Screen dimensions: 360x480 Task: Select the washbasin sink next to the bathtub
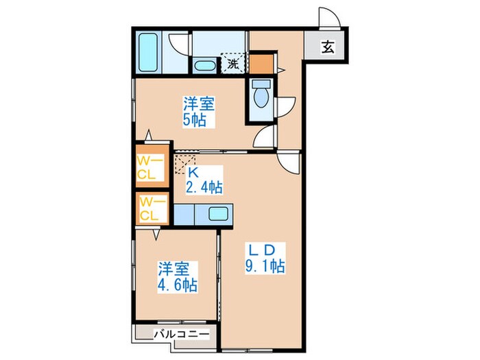[x=204, y=67]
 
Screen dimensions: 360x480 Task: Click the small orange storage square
[x=261, y=63]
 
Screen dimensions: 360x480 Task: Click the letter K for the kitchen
[x=193, y=172]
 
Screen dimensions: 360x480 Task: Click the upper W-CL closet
[x=151, y=167]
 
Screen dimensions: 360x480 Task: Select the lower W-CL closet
[x=151, y=208]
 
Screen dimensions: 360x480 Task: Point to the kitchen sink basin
[x=219, y=214]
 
